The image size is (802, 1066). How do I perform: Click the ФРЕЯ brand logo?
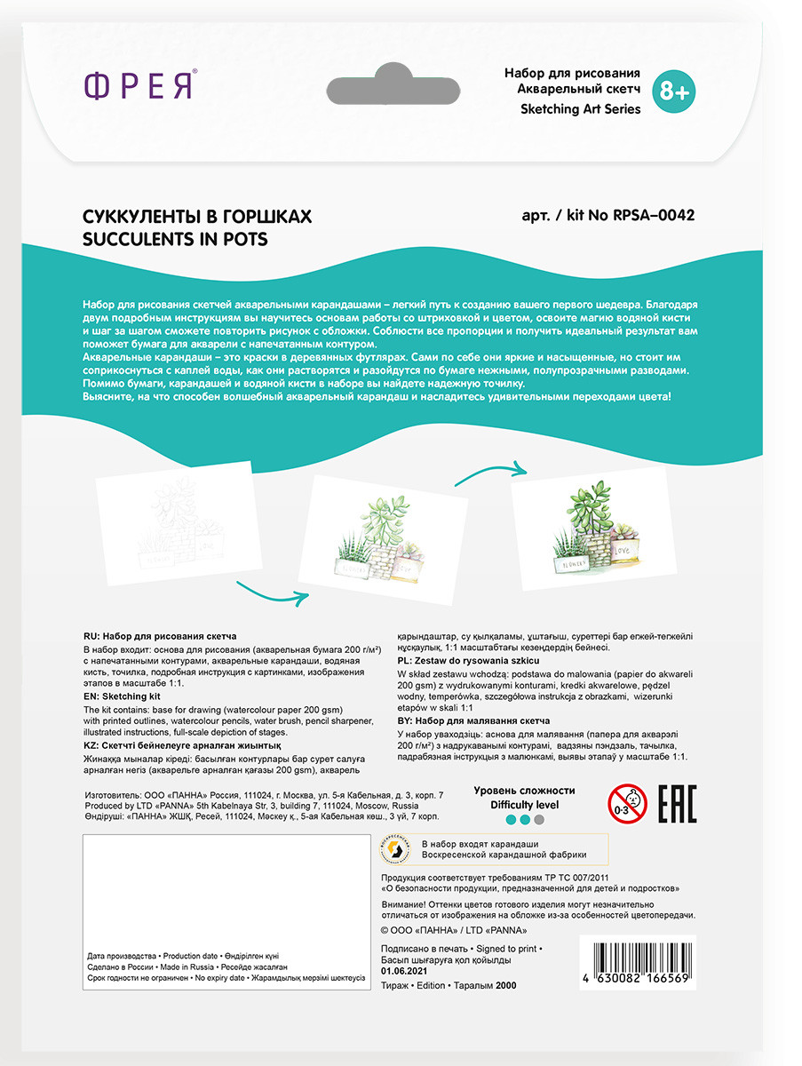140,86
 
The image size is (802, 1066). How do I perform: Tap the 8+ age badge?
673,91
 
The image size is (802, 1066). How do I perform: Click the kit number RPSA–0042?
653,216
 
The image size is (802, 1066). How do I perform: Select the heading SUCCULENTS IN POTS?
175,239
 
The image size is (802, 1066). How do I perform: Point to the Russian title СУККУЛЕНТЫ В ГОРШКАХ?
197,217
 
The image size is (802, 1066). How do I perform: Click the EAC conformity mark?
676,804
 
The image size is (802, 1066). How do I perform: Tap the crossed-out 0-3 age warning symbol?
627,804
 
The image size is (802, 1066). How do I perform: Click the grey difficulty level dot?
539,820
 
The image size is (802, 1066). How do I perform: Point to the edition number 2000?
505,985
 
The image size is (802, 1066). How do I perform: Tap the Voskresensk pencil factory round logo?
394,850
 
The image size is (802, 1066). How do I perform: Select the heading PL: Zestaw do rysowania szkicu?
467,661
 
